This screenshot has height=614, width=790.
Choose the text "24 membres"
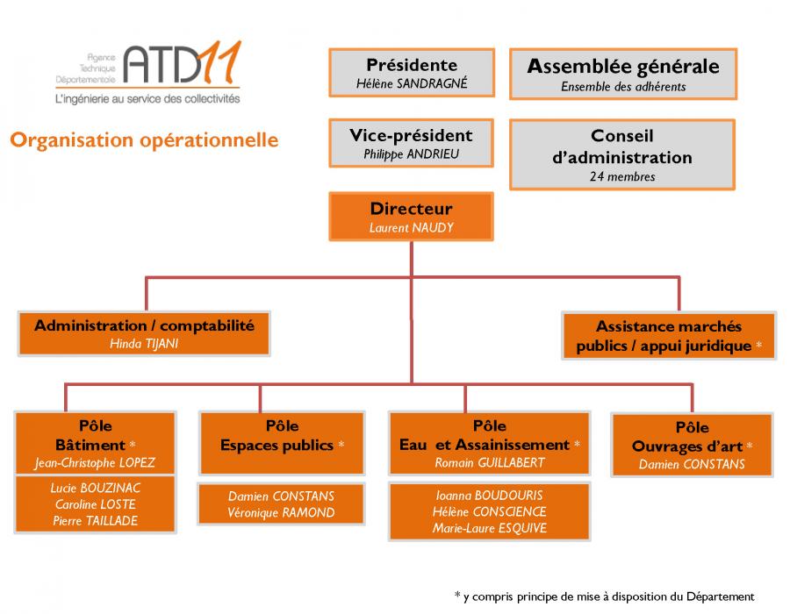622,176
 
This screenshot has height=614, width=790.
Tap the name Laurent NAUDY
411,228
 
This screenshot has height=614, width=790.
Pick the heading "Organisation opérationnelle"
144,139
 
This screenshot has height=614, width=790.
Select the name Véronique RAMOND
281,512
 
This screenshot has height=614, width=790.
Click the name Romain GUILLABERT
490,462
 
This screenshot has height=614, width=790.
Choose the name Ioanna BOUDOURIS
489,496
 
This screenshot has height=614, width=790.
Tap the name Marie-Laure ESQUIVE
489,528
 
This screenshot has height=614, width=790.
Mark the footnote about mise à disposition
604,596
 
